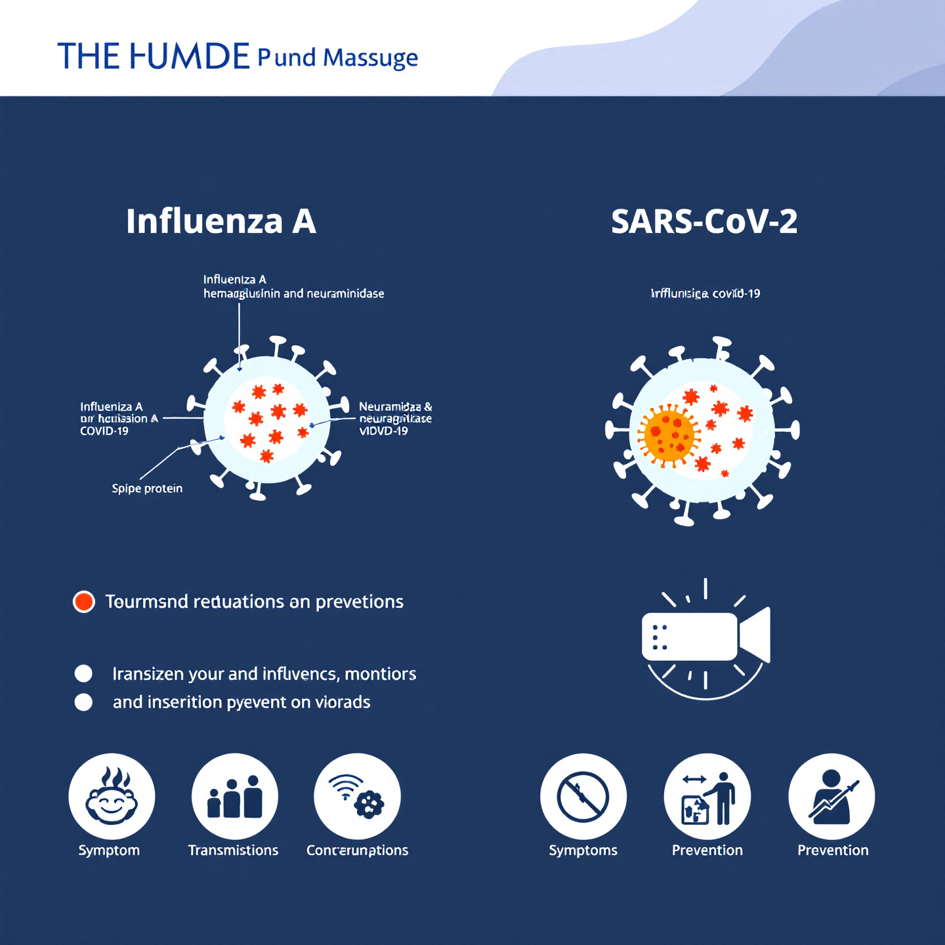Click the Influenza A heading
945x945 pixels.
[221, 221]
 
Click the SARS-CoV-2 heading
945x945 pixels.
[704, 222]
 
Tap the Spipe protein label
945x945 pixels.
[147, 488]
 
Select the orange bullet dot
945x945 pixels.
[84, 601]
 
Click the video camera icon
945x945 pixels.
[705, 637]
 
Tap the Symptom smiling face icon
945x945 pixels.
[112, 796]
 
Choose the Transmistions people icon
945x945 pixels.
[234, 796]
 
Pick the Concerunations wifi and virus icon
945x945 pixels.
[357, 796]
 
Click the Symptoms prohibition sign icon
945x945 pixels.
[583, 796]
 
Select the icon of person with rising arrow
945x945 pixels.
[831, 796]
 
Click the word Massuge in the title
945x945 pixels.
[370, 58]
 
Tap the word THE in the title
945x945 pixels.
[88, 56]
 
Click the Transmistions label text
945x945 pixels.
[233, 850]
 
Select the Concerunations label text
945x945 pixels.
[357, 850]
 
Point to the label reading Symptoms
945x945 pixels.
[583, 850]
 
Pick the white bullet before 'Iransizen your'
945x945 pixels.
[83, 674]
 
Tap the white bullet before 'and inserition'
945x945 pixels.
[83, 702]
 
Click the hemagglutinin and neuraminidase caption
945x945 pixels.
[293, 293]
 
